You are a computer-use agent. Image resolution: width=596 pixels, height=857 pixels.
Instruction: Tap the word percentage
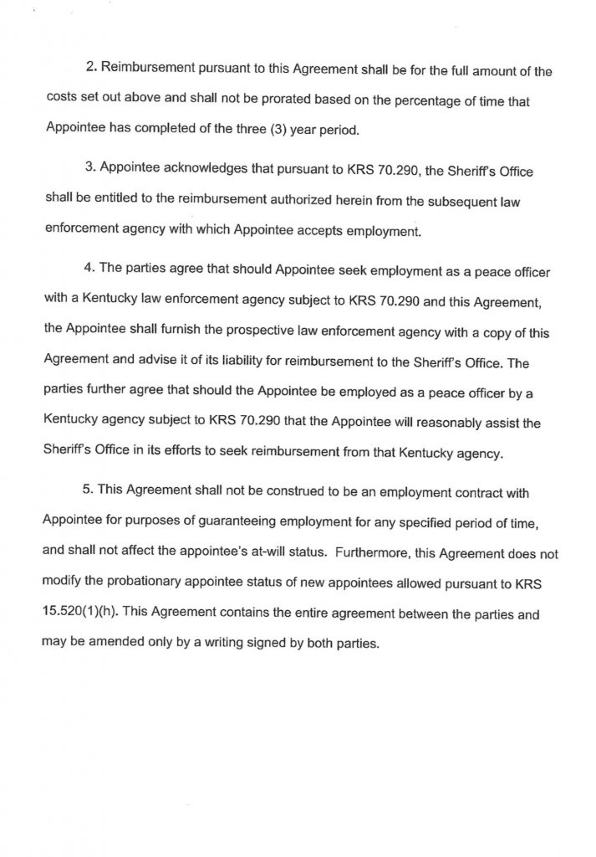392,100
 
